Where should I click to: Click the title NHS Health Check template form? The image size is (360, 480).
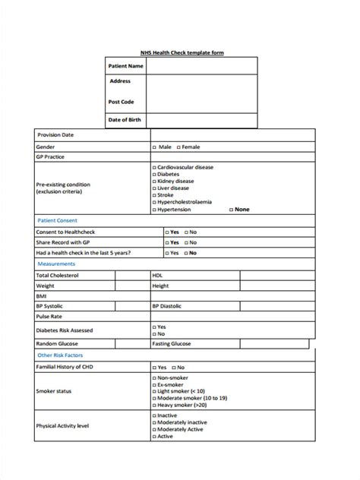pyautogui.click(x=182, y=52)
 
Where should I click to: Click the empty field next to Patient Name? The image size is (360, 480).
pyautogui.click(x=202, y=67)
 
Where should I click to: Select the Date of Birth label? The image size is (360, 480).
pyautogui.click(x=125, y=119)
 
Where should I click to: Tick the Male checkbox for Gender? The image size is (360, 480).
pyautogui.click(x=154, y=146)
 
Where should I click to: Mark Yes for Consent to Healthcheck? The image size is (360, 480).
pyautogui.click(x=166, y=232)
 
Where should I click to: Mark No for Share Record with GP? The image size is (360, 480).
pyautogui.click(x=185, y=242)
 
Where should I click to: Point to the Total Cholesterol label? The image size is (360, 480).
pyautogui.click(x=58, y=275)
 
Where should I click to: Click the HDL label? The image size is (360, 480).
pyautogui.click(x=157, y=275)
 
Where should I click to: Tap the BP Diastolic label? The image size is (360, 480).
pyautogui.click(x=166, y=306)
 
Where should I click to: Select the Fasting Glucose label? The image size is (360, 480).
pyautogui.click(x=171, y=343)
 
